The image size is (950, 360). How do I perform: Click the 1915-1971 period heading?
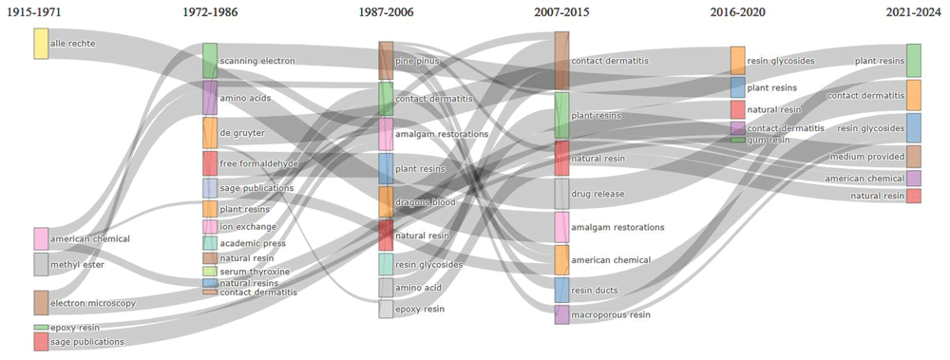[x=33, y=12]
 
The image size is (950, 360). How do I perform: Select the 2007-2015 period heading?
[x=561, y=12]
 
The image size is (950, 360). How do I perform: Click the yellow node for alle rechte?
[x=41, y=44]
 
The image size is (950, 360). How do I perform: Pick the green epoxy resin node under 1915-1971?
[x=41, y=328]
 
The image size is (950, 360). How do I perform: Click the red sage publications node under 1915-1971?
[x=41, y=341]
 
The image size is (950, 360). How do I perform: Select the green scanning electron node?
[x=210, y=61]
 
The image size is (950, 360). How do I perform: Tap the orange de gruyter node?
[x=210, y=133]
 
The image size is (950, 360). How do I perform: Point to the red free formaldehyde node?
[x=210, y=163]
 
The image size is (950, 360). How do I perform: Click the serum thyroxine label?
[x=255, y=272]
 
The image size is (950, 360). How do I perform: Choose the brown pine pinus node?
[x=386, y=61]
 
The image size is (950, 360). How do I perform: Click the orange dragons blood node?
[x=386, y=201]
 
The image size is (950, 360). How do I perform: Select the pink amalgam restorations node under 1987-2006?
[x=386, y=134]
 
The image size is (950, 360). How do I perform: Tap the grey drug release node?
[x=561, y=194]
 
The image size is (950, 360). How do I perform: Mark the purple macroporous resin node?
[x=561, y=314]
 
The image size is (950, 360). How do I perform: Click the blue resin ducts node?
[x=561, y=291]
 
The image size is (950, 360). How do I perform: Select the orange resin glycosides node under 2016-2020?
[x=737, y=61]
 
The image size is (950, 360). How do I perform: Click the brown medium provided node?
[x=914, y=157]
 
